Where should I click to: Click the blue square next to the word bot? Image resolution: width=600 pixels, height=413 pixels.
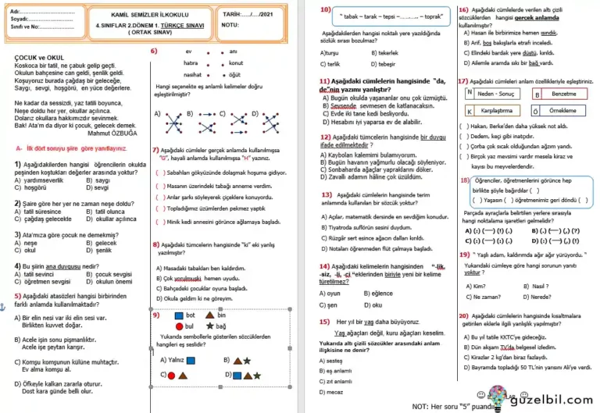point(180,314)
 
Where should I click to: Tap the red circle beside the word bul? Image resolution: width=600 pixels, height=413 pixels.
point(180,326)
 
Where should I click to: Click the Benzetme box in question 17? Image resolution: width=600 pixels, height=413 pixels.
point(559,93)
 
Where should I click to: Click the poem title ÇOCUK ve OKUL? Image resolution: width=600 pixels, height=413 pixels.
point(38,58)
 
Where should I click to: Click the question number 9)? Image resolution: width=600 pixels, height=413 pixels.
point(156,315)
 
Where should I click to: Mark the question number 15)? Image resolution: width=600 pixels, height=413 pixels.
point(324,322)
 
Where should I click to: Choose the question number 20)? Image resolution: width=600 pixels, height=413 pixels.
point(464,315)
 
